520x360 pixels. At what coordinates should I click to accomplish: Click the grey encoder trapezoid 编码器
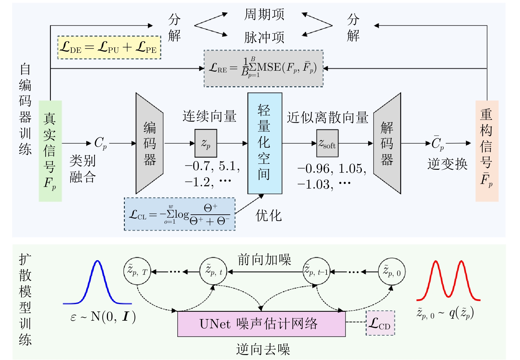click(x=150, y=143)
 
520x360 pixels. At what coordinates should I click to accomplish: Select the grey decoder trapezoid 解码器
click(x=387, y=143)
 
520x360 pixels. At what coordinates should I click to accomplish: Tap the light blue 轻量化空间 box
click(x=265, y=143)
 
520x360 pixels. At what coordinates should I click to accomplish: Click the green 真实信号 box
click(x=50, y=151)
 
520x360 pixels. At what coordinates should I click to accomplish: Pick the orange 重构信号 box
click(x=487, y=151)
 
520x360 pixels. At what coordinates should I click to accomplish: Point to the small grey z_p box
click(x=206, y=143)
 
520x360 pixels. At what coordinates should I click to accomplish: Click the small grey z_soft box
click(x=327, y=143)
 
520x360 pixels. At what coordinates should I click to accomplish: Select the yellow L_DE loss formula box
click(x=109, y=47)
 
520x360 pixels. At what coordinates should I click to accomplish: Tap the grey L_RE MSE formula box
click(x=263, y=68)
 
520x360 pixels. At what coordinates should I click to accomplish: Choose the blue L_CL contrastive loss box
click(x=180, y=214)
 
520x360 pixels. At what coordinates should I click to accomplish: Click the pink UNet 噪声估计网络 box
click(x=261, y=324)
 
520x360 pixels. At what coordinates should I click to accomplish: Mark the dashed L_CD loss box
click(x=380, y=323)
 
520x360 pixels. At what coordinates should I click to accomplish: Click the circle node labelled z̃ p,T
click(x=137, y=271)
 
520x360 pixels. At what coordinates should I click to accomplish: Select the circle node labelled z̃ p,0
click(x=392, y=271)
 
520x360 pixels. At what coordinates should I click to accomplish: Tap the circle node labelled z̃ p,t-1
click(x=317, y=271)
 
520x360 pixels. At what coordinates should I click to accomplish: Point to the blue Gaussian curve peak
click(x=97, y=261)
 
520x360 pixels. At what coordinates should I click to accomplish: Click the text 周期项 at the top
click(x=264, y=15)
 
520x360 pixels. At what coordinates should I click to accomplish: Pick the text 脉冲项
click(x=264, y=37)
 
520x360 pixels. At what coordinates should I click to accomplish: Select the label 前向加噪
click(x=264, y=260)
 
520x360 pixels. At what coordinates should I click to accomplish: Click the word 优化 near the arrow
click(x=269, y=216)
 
